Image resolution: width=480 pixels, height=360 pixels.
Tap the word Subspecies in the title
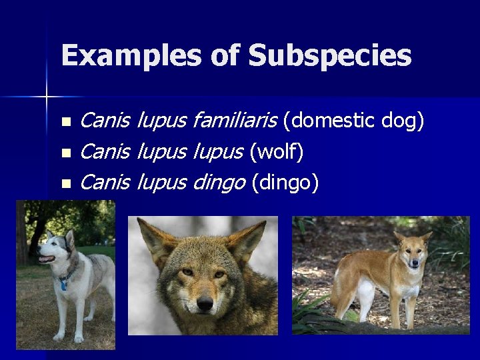point(330,56)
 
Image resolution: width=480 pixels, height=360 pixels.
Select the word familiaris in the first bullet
point(234,121)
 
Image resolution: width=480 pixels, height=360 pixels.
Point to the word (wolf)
point(277,152)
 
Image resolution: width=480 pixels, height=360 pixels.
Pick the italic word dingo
point(219,182)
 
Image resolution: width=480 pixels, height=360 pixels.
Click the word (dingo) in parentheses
point(285,182)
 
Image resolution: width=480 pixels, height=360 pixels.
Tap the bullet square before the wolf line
point(65,153)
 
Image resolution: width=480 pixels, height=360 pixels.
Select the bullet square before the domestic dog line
point(65,123)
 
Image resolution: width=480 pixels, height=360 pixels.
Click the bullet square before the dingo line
point(65,183)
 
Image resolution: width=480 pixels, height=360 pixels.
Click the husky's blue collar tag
point(63,285)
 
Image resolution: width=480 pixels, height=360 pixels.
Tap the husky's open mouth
point(45,259)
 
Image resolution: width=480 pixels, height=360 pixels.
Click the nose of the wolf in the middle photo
point(204,303)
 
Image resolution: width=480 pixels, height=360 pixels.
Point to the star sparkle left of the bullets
point(47,97)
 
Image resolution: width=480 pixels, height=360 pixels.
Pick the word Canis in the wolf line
point(105,152)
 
